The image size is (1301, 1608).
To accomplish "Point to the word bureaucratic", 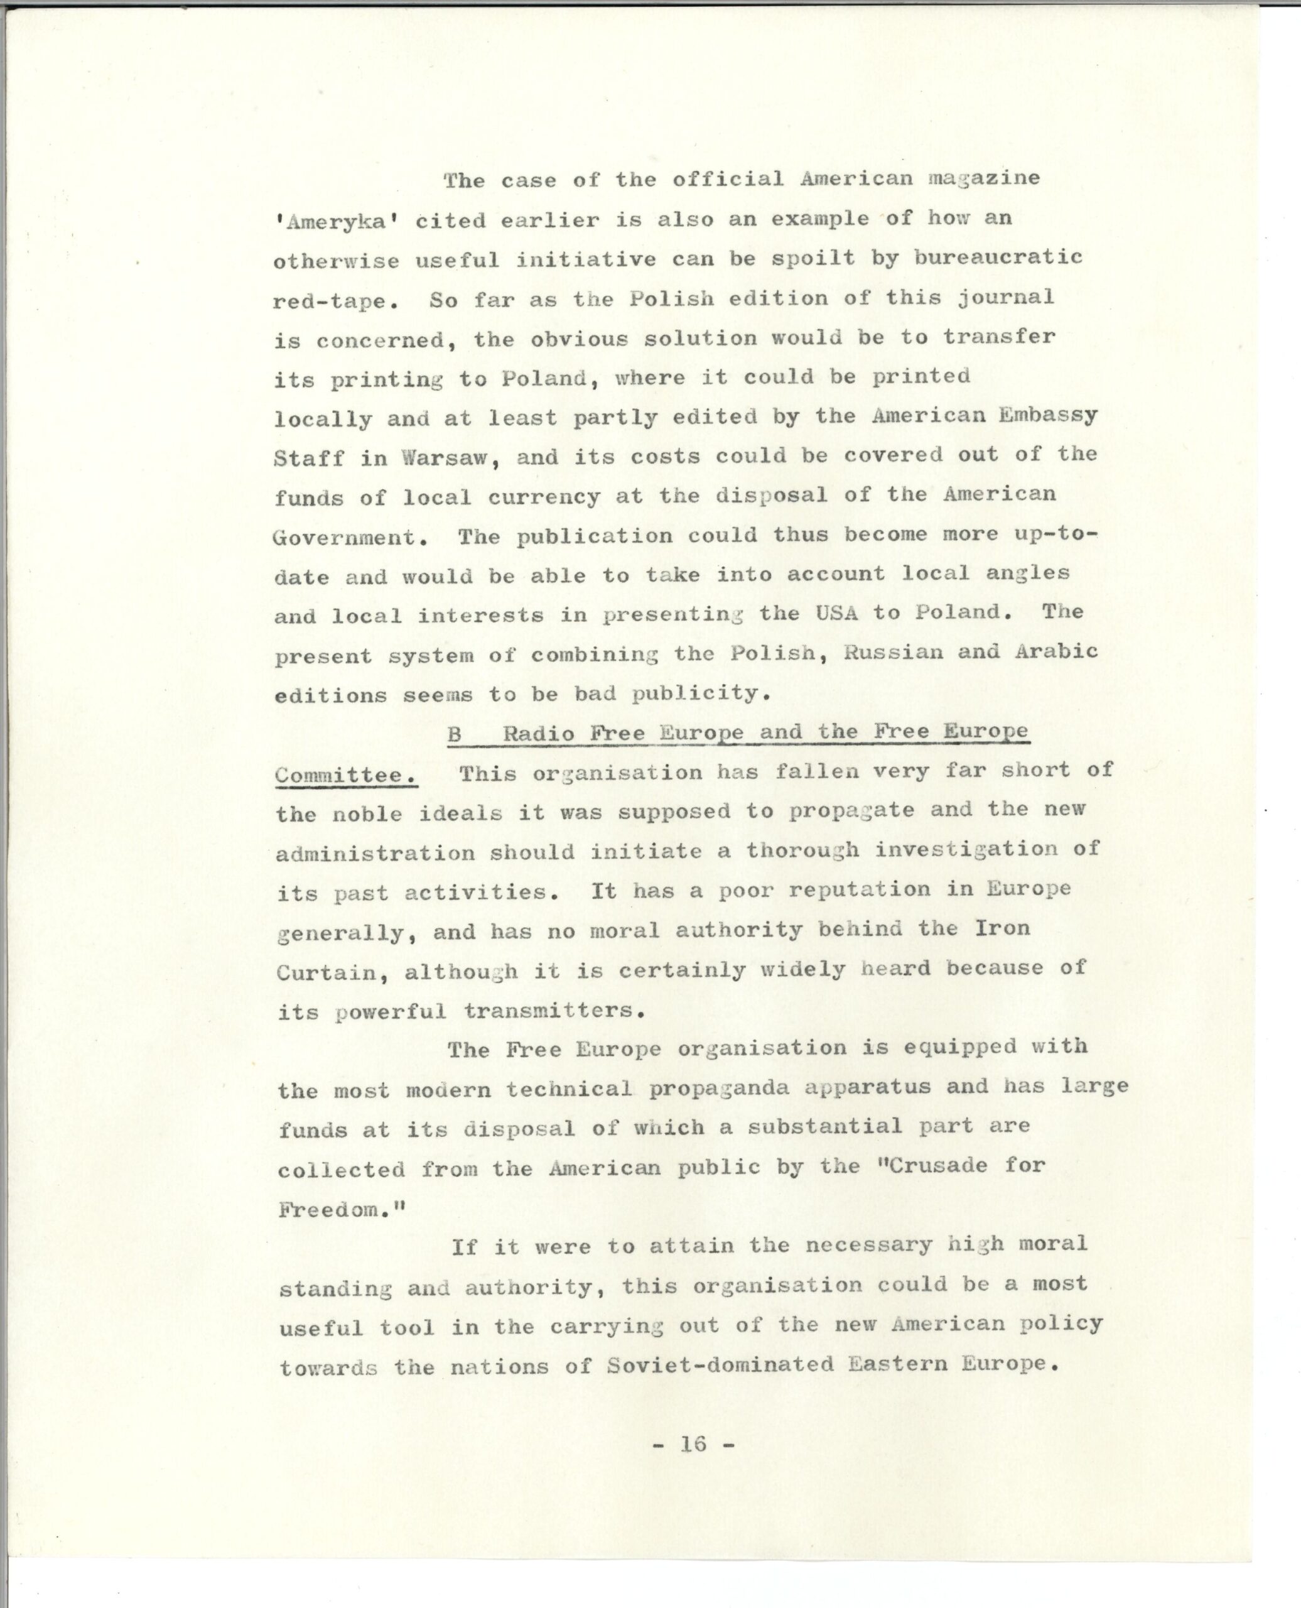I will pyautogui.click(x=998, y=258).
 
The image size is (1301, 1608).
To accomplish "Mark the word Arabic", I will pyautogui.click(x=1056, y=651).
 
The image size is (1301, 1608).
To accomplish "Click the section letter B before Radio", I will pyautogui.click(x=455, y=735).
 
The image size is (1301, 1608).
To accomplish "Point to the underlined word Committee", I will pyautogui.click(x=346, y=775).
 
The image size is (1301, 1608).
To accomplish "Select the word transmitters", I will pyautogui.click(x=554, y=1011).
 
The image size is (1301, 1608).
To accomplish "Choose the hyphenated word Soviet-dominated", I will pyautogui.click(x=720, y=1364).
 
